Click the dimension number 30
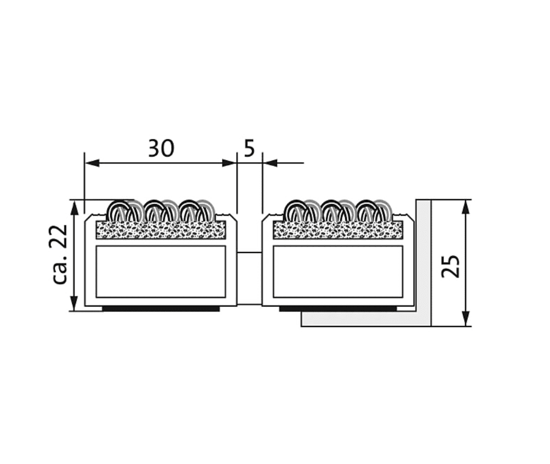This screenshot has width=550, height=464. click(161, 148)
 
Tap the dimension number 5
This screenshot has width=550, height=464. click(249, 148)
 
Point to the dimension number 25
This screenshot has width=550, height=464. click(451, 266)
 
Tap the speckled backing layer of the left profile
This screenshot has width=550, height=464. click(161, 230)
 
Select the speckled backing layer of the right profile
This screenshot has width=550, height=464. click(338, 230)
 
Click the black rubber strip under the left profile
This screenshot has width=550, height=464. click(161, 309)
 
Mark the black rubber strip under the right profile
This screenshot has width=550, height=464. click(338, 309)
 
